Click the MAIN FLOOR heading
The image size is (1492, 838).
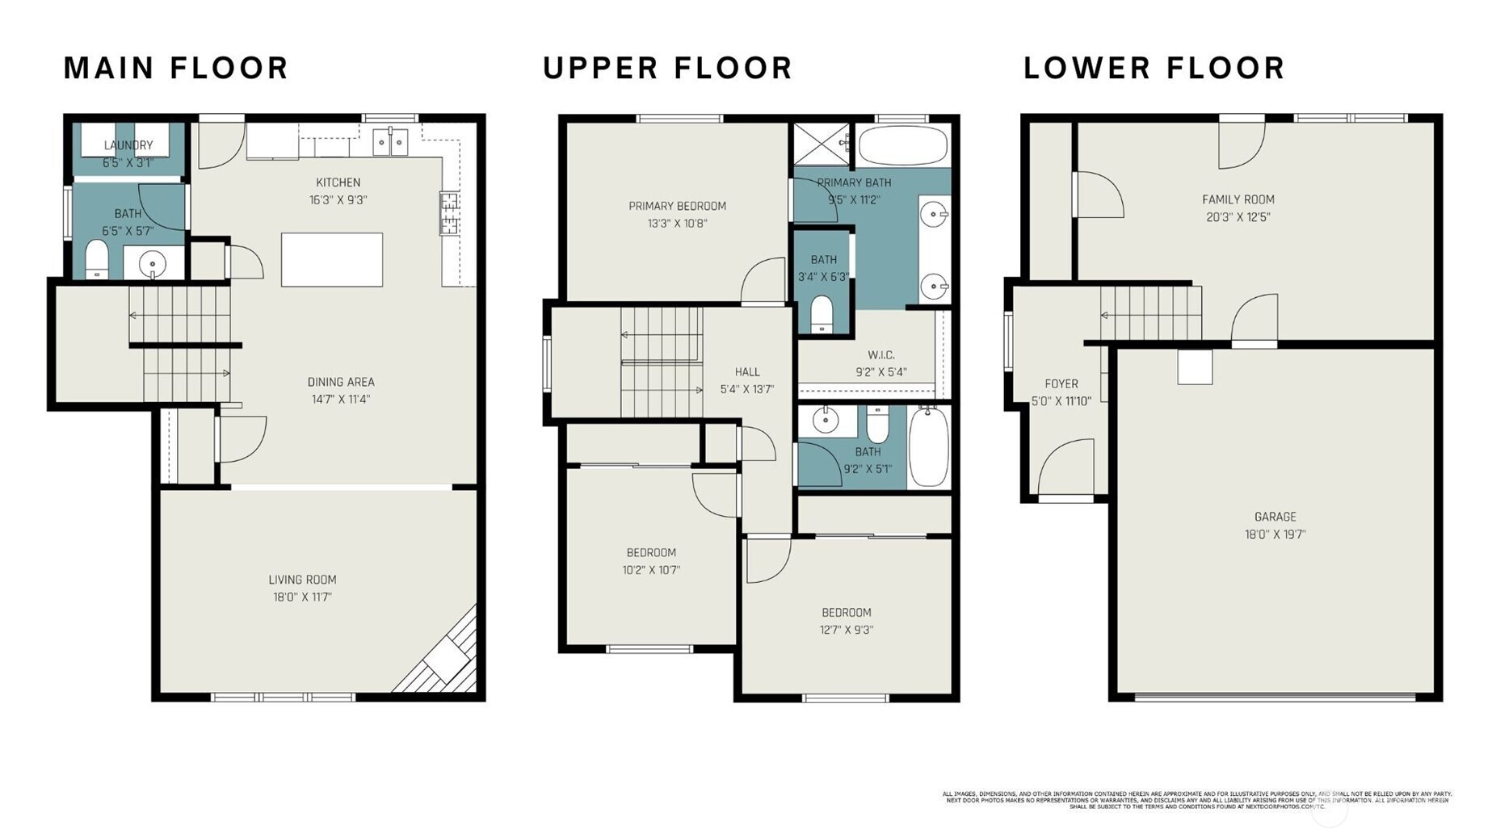(175, 68)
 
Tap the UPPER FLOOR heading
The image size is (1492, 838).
(667, 68)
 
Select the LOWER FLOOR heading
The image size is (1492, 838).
(1154, 68)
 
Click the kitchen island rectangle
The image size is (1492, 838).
(331, 259)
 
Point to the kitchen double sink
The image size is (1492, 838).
(390, 142)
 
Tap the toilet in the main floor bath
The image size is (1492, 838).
(97, 261)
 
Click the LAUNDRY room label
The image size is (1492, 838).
(128, 145)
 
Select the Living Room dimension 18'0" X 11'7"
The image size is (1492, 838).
(302, 597)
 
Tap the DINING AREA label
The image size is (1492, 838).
(340, 382)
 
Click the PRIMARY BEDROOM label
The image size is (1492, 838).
(677, 206)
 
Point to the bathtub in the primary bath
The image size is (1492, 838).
(902, 145)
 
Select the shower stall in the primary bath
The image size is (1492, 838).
(821, 145)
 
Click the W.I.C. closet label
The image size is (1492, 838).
(880, 355)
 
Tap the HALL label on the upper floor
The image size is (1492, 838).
(746, 372)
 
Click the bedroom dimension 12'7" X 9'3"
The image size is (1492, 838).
(846, 630)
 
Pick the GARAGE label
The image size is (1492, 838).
(1275, 517)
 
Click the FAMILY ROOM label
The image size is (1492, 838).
(1238, 199)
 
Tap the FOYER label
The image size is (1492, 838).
(1061, 384)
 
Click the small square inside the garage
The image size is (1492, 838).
(1195, 367)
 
